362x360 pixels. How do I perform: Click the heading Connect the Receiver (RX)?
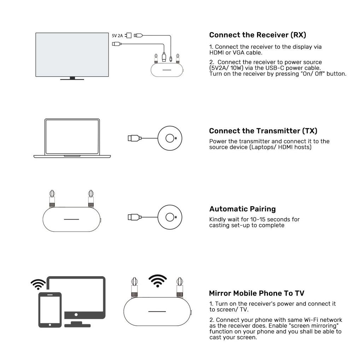pyautogui.click(x=257, y=35)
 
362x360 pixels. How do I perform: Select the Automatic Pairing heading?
pyautogui.click(x=242, y=209)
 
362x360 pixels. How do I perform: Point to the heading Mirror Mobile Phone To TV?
pyautogui.click(x=256, y=293)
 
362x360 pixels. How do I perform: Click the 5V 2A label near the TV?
pyautogui.click(x=117, y=36)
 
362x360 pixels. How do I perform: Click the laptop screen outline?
pyautogui.click(x=72, y=137)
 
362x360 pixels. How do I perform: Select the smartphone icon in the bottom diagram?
pyautogui.click(x=50, y=310)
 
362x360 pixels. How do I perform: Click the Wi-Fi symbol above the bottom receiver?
pyautogui.click(x=158, y=281)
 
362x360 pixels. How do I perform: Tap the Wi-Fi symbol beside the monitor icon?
pyautogui.click(x=38, y=284)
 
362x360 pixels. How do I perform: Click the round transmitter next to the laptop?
pyautogui.click(x=170, y=138)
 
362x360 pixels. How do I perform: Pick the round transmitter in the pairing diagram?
pyautogui.click(x=170, y=217)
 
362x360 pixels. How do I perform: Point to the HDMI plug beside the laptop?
pyautogui.click(x=134, y=138)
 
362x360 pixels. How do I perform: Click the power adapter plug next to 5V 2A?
pyautogui.click(x=129, y=35)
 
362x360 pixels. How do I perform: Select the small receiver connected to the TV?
pyautogui.click(x=167, y=69)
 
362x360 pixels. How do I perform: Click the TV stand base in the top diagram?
pyautogui.click(x=72, y=79)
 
